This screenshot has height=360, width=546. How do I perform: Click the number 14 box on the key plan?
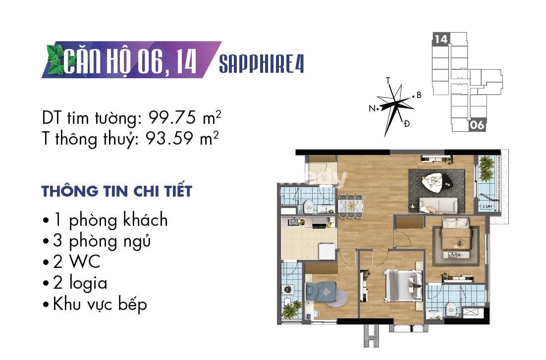441,39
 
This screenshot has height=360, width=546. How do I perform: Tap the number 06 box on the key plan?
477,125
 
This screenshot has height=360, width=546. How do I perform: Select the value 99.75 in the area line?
172,118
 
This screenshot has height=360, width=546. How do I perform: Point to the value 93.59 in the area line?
169,138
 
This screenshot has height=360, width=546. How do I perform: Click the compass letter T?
388,81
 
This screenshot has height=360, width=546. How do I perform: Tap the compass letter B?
419,95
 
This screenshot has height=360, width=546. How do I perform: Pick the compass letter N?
372,108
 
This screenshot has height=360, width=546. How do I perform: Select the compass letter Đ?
406,123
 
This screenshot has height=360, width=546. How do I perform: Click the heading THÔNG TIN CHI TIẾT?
116,191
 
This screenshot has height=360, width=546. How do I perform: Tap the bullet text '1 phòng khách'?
110,220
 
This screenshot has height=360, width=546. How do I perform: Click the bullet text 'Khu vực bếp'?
100,304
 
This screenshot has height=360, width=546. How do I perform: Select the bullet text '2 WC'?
77,262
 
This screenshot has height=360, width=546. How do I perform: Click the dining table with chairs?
351,206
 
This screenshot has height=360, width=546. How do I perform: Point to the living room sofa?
438,205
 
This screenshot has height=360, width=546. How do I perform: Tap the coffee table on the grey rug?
436,182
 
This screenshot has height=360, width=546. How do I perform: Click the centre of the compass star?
395,103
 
